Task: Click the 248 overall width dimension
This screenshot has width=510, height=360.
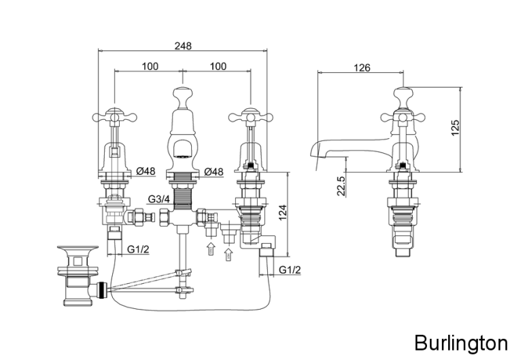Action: [182, 46]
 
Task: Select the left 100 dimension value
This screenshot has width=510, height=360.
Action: [150, 66]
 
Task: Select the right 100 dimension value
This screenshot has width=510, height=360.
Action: [218, 66]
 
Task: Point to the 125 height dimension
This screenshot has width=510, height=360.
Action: [455, 127]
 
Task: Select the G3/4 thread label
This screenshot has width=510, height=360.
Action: [158, 199]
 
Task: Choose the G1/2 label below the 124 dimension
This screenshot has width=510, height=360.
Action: [290, 270]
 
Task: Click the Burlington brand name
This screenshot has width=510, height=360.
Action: [460, 341]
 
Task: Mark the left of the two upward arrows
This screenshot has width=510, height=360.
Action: [211, 247]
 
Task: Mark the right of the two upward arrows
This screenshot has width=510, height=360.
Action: [228, 254]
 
